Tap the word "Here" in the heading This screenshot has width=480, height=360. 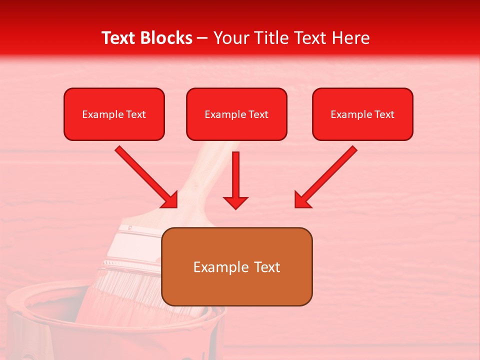click(x=350, y=38)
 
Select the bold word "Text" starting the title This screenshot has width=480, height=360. click(x=120, y=38)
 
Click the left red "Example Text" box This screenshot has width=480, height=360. click(x=114, y=114)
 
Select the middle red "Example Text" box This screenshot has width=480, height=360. click(x=236, y=114)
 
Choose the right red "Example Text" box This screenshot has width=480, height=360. click(x=362, y=114)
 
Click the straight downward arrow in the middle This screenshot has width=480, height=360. click(x=235, y=175)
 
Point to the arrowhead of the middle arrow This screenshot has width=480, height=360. click(x=235, y=202)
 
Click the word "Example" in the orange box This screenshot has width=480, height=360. click(x=215, y=267)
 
